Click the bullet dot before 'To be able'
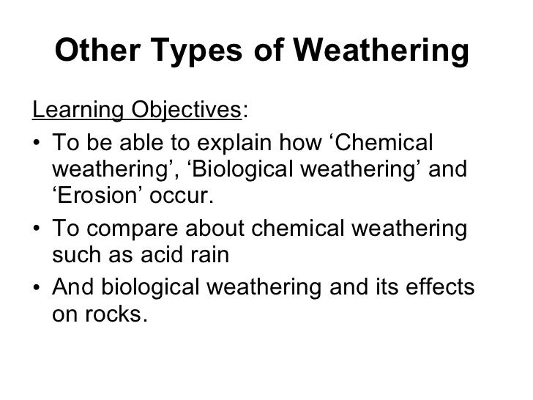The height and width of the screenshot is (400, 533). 37,144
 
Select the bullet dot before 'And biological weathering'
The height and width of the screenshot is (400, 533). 37,287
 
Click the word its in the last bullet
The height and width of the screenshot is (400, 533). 385,286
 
